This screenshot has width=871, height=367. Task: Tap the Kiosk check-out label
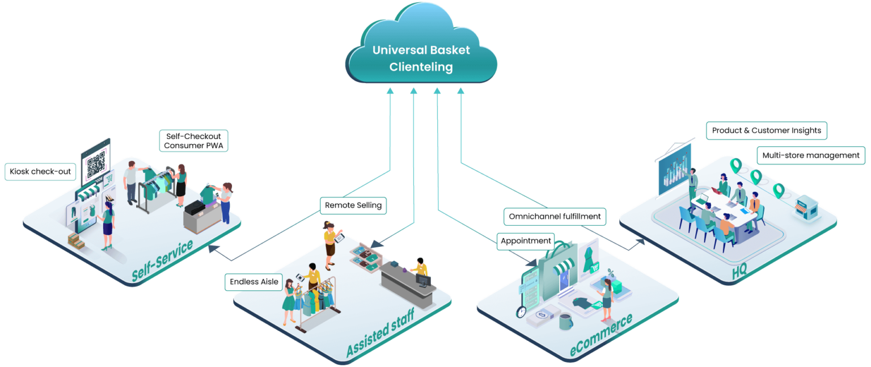[x=40, y=171]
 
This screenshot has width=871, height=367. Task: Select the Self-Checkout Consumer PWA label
[x=193, y=141]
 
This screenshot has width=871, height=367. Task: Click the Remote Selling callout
[x=353, y=205]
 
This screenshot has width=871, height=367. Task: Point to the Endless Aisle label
[x=253, y=282]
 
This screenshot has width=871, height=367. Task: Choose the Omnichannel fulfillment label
[x=555, y=216]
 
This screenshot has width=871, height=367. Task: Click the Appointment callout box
[x=526, y=241]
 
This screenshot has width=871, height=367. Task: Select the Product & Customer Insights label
[x=766, y=130]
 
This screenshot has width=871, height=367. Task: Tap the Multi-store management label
[x=810, y=155]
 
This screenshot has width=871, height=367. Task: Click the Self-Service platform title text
[x=162, y=260]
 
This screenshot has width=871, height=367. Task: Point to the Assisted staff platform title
[x=380, y=332]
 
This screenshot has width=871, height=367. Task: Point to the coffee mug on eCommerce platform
[x=565, y=322]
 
